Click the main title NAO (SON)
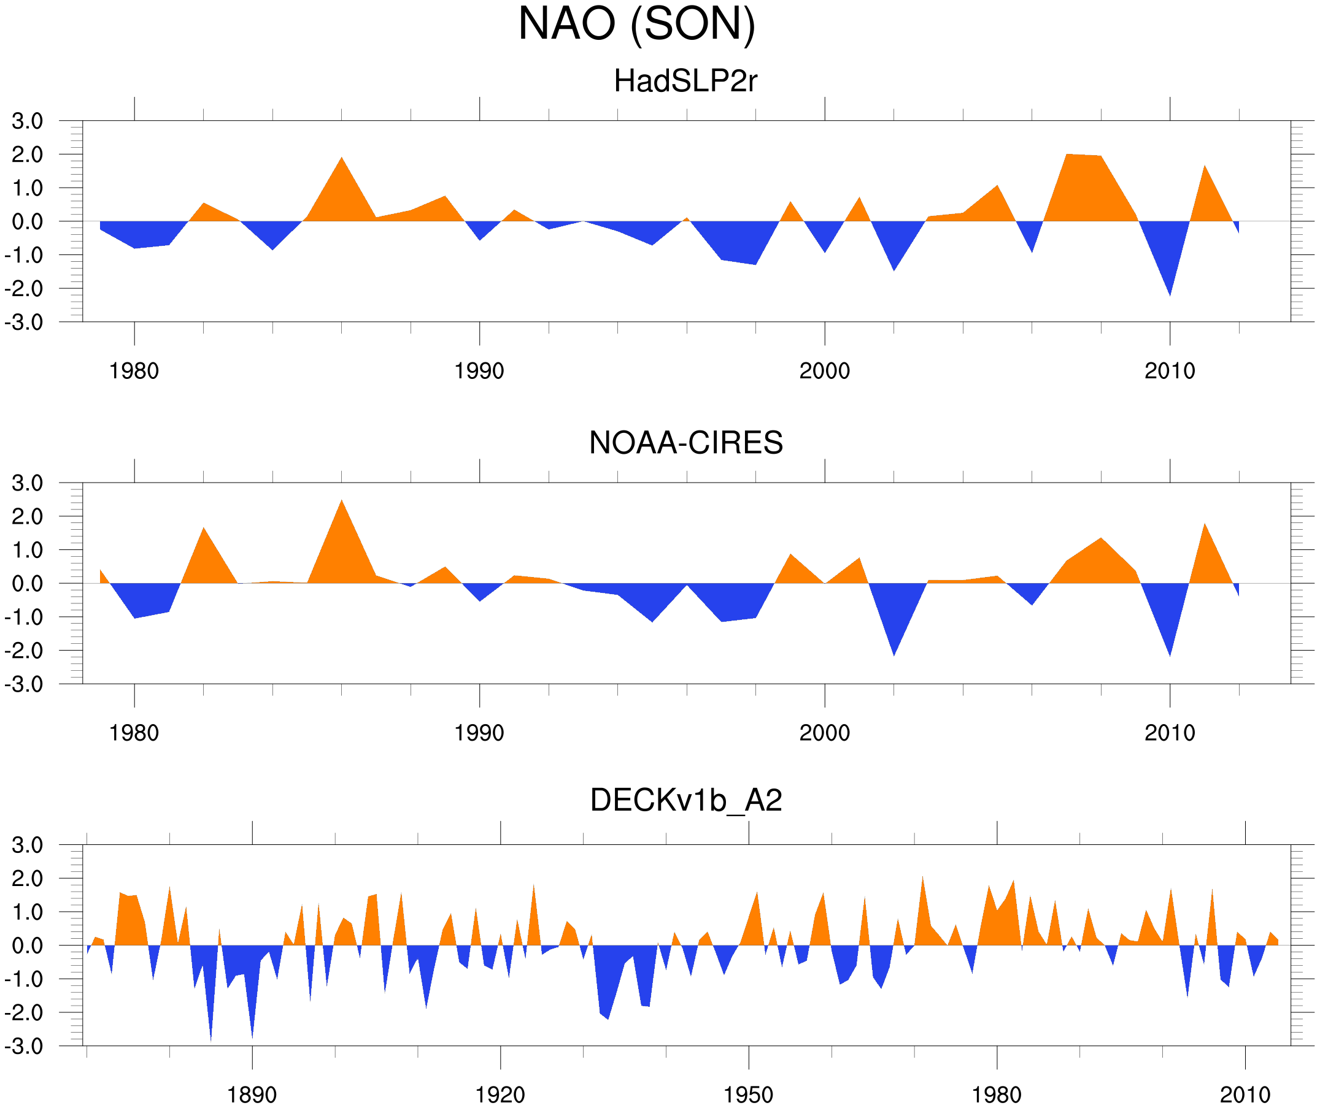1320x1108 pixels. coord(636,24)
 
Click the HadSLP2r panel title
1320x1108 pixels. coord(685,81)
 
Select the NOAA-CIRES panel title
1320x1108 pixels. coord(685,443)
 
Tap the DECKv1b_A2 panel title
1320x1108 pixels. coord(685,800)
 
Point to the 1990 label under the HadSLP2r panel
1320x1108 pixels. coord(479,371)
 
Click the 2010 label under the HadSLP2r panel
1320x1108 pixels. coord(1169,371)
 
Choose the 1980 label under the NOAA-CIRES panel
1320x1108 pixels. coord(134,733)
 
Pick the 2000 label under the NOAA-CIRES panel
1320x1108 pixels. coord(824,733)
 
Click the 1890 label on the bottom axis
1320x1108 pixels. coord(252,1095)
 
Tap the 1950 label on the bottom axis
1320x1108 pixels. coord(748,1095)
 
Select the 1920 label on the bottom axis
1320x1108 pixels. coord(500,1095)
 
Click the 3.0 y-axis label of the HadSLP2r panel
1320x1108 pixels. coord(28,121)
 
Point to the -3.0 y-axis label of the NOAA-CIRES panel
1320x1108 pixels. coord(24,684)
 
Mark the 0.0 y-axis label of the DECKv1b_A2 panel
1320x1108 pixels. coord(28,946)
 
